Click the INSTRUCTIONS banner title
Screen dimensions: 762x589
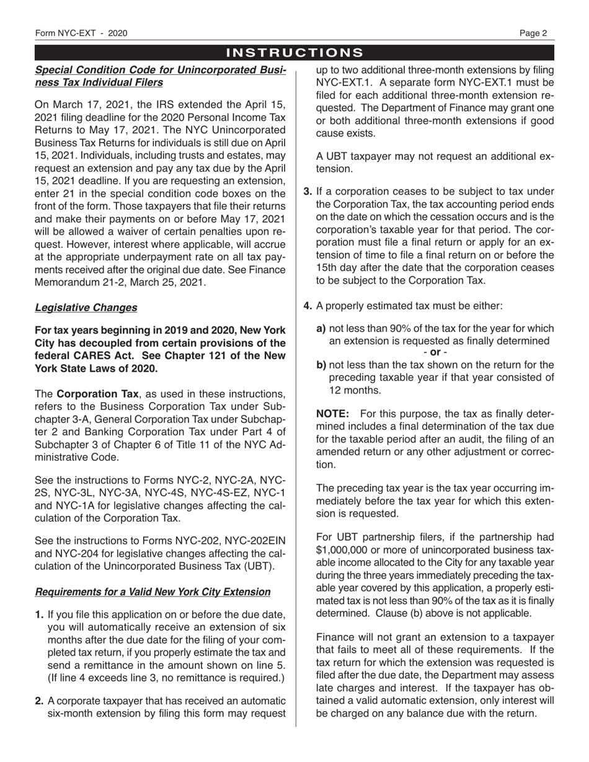[294, 53]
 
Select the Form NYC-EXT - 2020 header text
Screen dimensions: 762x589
[81, 33]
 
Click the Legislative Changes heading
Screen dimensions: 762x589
[86, 307]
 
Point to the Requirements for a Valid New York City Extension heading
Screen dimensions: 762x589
[153, 592]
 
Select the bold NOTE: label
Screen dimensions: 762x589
[334, 413]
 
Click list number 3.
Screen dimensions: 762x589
[308, 192]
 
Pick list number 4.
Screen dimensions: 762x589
[308, 305]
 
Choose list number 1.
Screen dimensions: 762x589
[39, 615]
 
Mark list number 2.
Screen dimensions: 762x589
[39, 701]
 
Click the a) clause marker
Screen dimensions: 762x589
[321, 329]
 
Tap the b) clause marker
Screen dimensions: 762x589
[321, 365]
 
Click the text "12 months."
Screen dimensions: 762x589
[355, 390]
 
